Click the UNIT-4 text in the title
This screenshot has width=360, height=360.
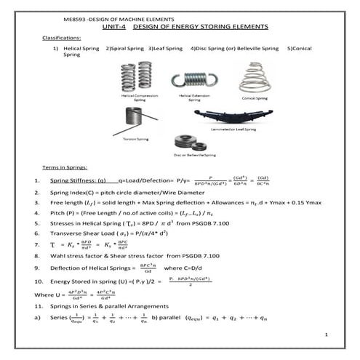pos(115,27)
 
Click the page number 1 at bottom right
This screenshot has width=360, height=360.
pos(328,335)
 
